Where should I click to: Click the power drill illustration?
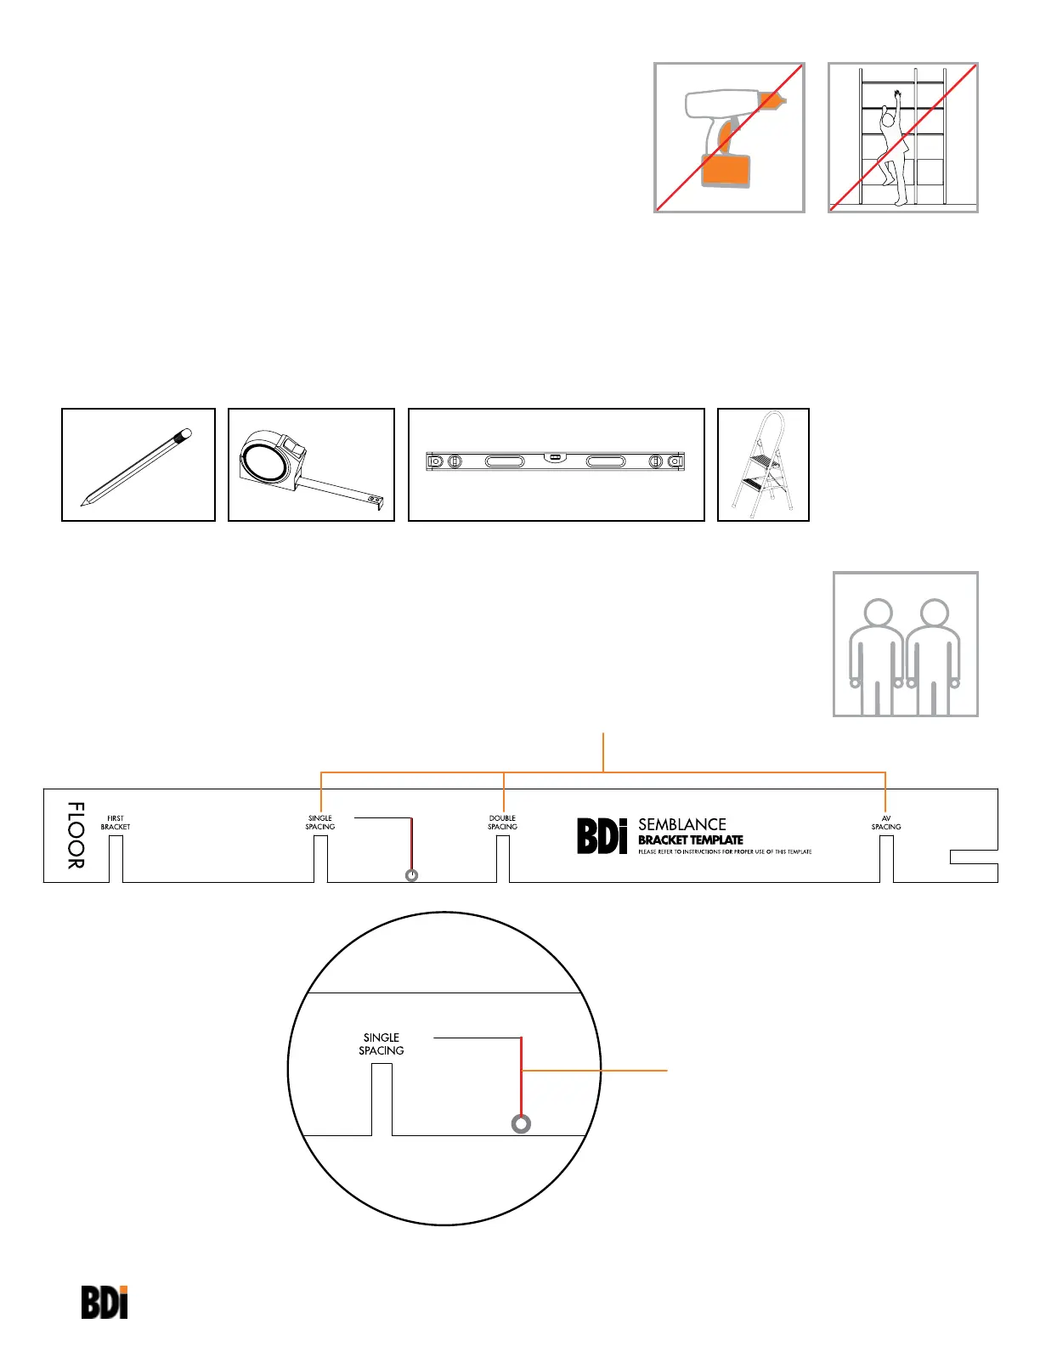click(x=728, y=136)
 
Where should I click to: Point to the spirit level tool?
click(x=556, y=461)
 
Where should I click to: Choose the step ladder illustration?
click(x=764, y=466)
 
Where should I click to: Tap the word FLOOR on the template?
click(x=76, y=835)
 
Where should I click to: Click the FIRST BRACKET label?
click(x=116, y=823)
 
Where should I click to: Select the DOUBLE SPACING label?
click(x=502, y=823)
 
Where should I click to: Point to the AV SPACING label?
click(x=885, y=823)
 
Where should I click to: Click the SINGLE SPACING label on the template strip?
click(x=320, y=823)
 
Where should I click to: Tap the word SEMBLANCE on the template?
click(x=682, y=824)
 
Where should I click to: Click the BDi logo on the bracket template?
click(x=602, y=836)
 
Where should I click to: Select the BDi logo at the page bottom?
click(x=105, y=1302)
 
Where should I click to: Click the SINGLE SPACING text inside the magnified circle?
click(x=382, y=1043)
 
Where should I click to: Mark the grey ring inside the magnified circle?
click(x=522, y=1124)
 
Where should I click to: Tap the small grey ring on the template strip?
click(x=412, y=875)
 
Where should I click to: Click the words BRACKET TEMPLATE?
click(x=691, y=840)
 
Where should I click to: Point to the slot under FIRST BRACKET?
click(x=116, y=859)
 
